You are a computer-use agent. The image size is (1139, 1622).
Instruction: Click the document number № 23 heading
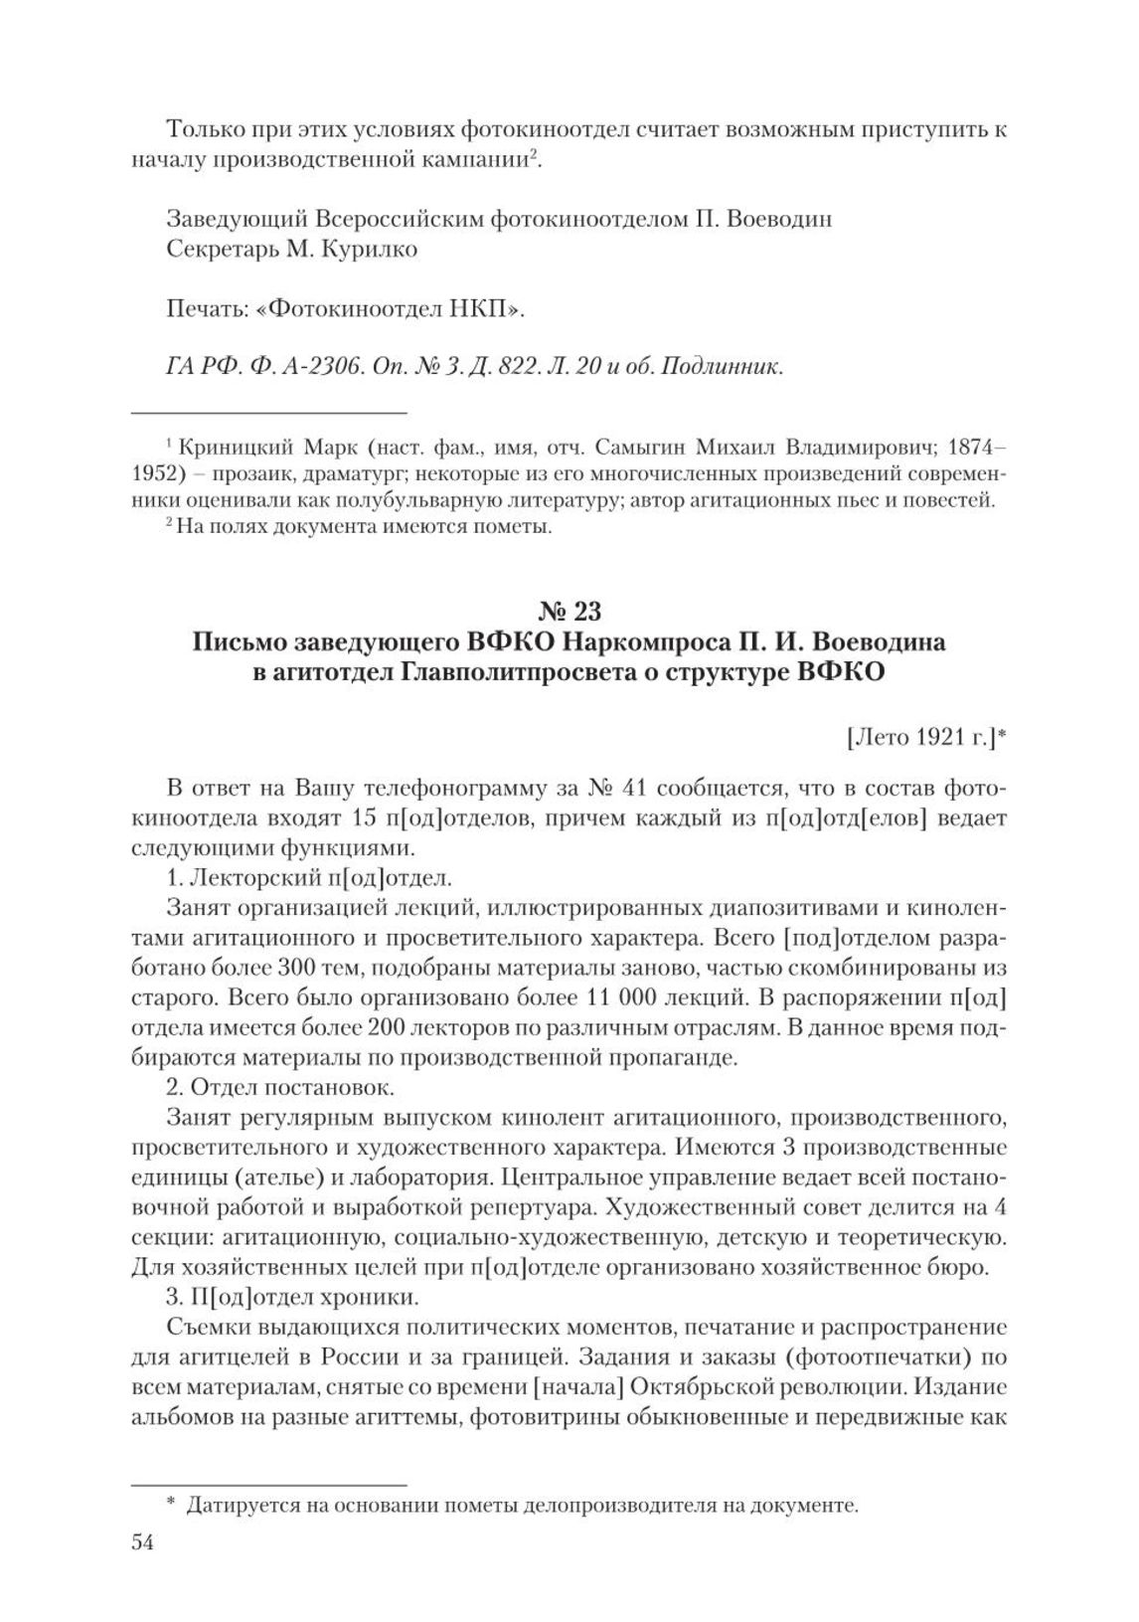(x=569, y=608)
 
